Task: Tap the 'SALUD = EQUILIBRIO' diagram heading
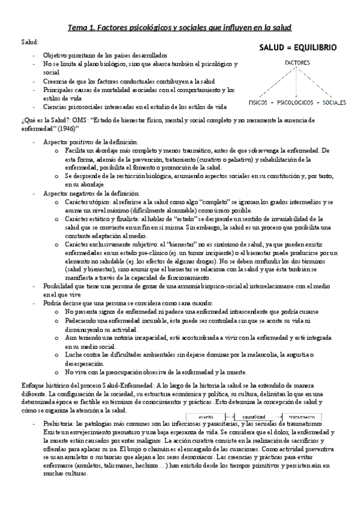click(297, 47)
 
